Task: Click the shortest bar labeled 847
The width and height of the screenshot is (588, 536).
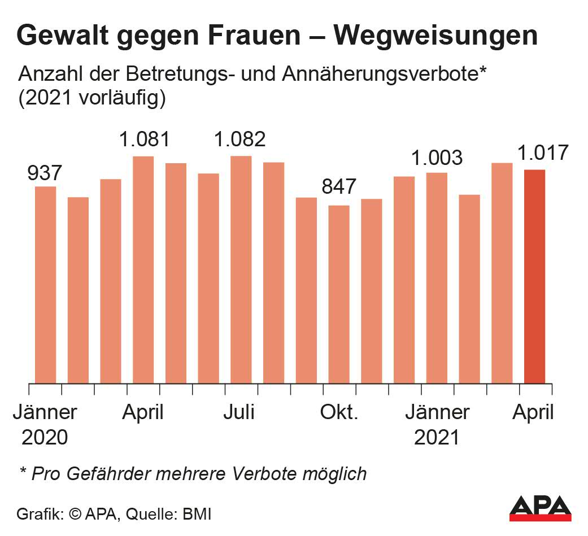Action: tap(339, 294)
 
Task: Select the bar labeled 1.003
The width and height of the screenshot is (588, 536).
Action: tap(437, 277)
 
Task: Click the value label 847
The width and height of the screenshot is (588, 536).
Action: tap(339, 187)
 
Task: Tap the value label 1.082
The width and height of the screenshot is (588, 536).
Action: tap(241, 138)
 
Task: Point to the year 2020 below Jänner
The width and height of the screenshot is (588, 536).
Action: tap(44, 437)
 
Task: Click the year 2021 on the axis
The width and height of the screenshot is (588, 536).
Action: tap(437, 437)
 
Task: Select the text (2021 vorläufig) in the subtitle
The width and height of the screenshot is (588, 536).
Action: tap(92, 98)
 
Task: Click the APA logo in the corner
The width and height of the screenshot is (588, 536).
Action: tap(541, 508)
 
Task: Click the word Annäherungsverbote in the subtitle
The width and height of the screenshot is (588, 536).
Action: tap(387, 74)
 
